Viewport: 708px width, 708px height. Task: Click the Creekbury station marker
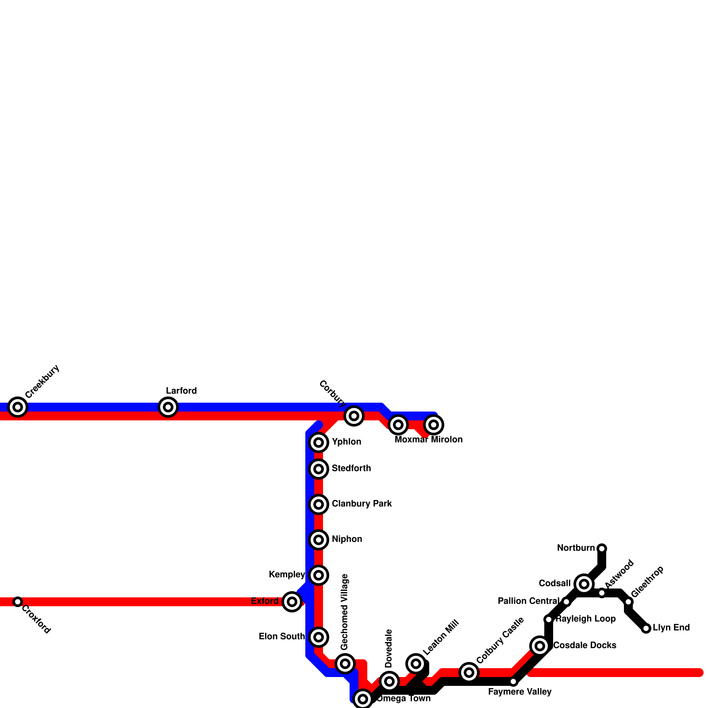click(x=18, y=407)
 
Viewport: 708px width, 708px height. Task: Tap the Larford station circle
click(x=168, y=407)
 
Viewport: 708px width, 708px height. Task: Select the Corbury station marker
click(x=354, y=416)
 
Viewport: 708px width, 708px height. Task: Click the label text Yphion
click(x=346, y=442)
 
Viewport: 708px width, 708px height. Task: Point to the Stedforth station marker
click(x=319, y=469)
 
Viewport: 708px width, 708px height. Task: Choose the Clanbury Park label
click(x=362, y=504)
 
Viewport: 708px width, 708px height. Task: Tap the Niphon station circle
click(x=319, y=539)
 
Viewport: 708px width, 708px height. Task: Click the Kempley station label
click(x=287, y=574)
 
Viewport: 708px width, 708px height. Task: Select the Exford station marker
click(x=292, y=601)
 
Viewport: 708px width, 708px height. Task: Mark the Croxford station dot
click(x=18, y=601)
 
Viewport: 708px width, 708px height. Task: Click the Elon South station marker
click(x=319, y=637)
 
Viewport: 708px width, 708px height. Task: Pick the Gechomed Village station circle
click(x=345, y=663)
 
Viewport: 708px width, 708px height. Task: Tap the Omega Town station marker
click(x=363, y=699)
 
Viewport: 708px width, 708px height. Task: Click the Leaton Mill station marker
click(x=416, y=663)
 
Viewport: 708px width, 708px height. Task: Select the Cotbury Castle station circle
click(x=469, y=672)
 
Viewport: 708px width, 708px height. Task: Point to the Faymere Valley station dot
click(x=513, y=681)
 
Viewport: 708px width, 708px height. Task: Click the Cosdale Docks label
click(x=585, y=645)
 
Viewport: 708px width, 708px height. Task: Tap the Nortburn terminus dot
click(x=602, y=549)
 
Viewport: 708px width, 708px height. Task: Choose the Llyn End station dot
click(x=646, y=628)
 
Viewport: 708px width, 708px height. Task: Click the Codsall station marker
click(x=584, y=584)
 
